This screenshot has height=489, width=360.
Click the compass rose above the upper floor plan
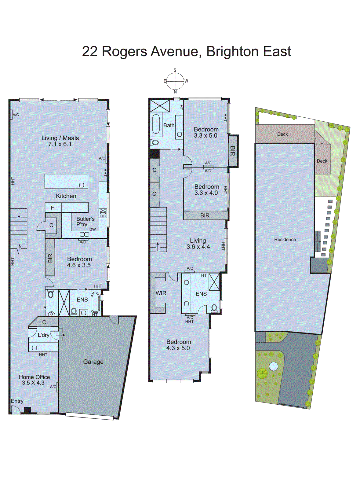[x=175, y=81]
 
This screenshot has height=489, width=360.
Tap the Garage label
[x=93, y=362]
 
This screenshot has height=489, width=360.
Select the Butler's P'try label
[x=85, y=222]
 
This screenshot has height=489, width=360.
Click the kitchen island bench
[x=66, y=181]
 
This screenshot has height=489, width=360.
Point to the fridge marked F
[x=53, y=208]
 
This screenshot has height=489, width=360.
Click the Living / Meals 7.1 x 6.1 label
[x=60, y=141]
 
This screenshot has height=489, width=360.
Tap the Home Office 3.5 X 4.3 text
[x=34, y=380]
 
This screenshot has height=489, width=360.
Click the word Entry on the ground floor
[x=17, y=401]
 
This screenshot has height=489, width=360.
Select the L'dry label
[x=43, y=335]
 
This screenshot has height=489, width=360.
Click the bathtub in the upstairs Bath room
[x=156, y=124]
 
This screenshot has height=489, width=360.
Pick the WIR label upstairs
[x=161, y=293]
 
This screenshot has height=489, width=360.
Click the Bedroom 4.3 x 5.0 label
[x=179, y=345]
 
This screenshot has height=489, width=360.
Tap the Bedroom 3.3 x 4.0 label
[x=206, y=189]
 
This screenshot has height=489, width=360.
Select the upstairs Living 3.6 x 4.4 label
[x=198, y=244]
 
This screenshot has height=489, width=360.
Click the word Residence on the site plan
[x=285, y=240]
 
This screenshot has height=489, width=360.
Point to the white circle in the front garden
[x=274, y=366]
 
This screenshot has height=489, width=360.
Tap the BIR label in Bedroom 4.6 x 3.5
[x=50, y=258]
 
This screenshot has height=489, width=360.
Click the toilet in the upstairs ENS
[x=214, y=308]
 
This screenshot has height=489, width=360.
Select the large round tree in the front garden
[x=262, y=373]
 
